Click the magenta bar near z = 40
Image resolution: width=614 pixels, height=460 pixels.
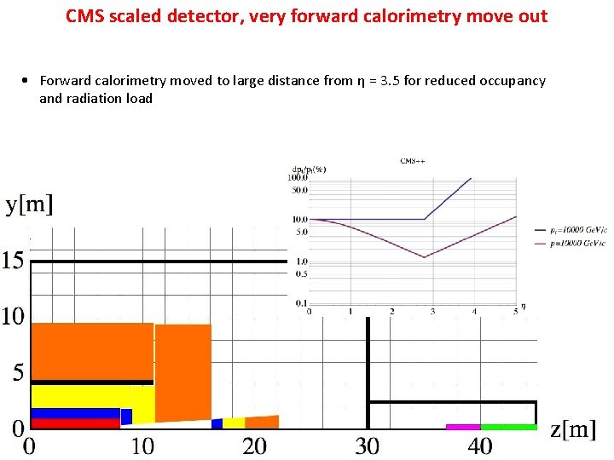(463, 426)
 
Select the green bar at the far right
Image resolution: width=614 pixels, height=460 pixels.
(508, 426)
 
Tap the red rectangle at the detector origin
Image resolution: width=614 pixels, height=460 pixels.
(75, 423)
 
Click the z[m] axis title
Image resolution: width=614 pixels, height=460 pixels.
(573, 429)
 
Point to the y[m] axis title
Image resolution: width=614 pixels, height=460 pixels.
(30, 204)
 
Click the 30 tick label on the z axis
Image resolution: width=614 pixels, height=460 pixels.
(367, 446)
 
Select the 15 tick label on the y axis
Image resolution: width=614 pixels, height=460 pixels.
(13, 261)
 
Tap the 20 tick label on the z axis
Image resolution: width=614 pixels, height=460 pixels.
(254, 446)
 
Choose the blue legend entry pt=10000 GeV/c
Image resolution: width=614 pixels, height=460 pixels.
(569, 229)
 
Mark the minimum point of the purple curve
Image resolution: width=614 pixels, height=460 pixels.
(425, 256)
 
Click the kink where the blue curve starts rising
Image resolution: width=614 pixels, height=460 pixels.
(425, 219)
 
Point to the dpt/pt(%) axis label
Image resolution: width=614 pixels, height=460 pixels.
(309, 169)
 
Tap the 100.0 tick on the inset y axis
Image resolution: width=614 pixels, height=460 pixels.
(298, 178)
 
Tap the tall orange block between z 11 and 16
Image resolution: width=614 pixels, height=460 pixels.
(182, 371)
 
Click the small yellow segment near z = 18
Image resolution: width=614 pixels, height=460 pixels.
(234, 423)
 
